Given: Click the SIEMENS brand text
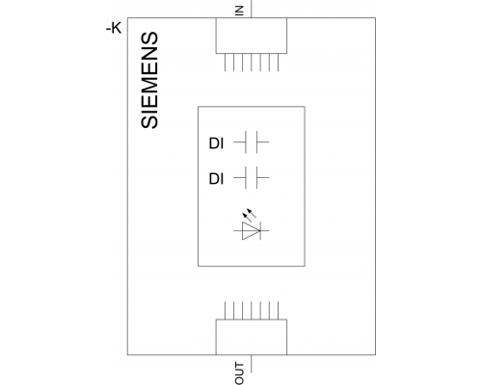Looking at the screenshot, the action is tap(149, 80).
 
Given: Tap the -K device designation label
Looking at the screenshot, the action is tap(114, 29).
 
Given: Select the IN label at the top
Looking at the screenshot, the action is tap(239, 11).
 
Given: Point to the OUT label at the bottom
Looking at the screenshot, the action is tap(239, 373).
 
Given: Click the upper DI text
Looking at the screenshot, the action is tap(216, 143).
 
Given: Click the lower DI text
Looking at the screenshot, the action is tap(216, 179).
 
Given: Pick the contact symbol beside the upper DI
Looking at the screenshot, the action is tap(252, 141).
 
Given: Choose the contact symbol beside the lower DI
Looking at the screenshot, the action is tap(252, 177).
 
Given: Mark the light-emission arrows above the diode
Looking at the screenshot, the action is tap(249, 213).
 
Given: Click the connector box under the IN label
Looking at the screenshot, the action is tap(252, 36).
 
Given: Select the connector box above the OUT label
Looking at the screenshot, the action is tap(252, 337).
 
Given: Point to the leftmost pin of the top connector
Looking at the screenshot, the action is tap(225, 63).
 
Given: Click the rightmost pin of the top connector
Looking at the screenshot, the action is tap(278, 63).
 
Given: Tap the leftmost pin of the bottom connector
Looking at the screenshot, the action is tap(225, 310).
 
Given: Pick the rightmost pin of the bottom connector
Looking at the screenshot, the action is tap(278, 310).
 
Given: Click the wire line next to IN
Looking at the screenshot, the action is tap(251, 9).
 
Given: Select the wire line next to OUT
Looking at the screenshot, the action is tap(251, 364).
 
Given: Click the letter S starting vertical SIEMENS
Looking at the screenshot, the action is tap(149, 121).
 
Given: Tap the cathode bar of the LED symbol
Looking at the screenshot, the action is tap(260, 230).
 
